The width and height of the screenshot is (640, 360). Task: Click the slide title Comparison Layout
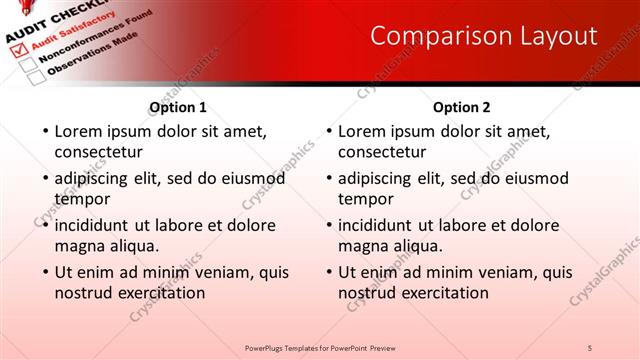[483, 36]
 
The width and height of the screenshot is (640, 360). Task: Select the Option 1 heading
[178, 107]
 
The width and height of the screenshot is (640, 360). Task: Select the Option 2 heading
[461, 107]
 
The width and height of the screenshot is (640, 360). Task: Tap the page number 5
[590, 347]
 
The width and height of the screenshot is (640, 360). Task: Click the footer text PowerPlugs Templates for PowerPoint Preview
[319, 347]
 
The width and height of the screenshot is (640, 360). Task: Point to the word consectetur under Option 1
[98, 152]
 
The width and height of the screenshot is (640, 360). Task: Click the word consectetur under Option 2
[382, 152]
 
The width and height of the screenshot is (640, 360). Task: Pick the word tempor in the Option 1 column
[82, 199]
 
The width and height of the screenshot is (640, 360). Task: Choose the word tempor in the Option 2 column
[366, 199]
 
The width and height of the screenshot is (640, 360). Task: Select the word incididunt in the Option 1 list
[98, 225]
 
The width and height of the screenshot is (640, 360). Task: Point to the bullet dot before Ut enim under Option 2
[328, 273]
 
